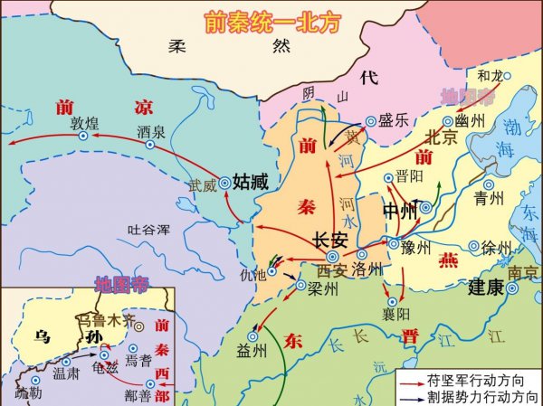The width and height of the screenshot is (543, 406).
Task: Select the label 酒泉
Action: pos(150,131)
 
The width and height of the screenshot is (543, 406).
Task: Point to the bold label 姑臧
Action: pos(251,181)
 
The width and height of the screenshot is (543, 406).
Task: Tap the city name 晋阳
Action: pos(408,178)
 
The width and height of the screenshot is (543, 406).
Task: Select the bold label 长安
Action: pos(329,241)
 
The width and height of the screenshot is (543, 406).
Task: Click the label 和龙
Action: pos(490,76)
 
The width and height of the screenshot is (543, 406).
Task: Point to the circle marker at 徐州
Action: pos(472,246)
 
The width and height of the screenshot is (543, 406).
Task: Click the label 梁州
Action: pos(322,289)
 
